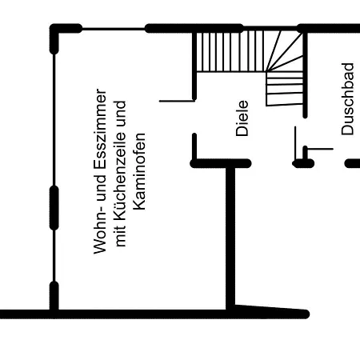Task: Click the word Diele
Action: click(x=242, y=118)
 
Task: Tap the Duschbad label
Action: click(x=348, y=99)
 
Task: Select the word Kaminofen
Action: click(x=139, y=171)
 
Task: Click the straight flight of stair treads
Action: click(x=231, y=51)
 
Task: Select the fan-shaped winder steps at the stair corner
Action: click(x=285, y=51)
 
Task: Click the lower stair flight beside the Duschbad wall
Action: click(x=285, y=89)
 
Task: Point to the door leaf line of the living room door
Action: click(x=177, y=101)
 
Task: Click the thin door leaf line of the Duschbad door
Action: click(x=295, y=144)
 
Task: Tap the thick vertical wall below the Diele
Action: click(x=230, y=238)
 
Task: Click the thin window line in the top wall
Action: click(x=114, y=29)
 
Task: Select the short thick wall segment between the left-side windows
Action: click(x=54, y=208)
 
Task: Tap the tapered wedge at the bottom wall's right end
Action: click(x=270, y=311)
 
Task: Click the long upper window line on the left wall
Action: click(x=54, y=120)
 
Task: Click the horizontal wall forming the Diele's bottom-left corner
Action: click(x=221, y=163)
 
